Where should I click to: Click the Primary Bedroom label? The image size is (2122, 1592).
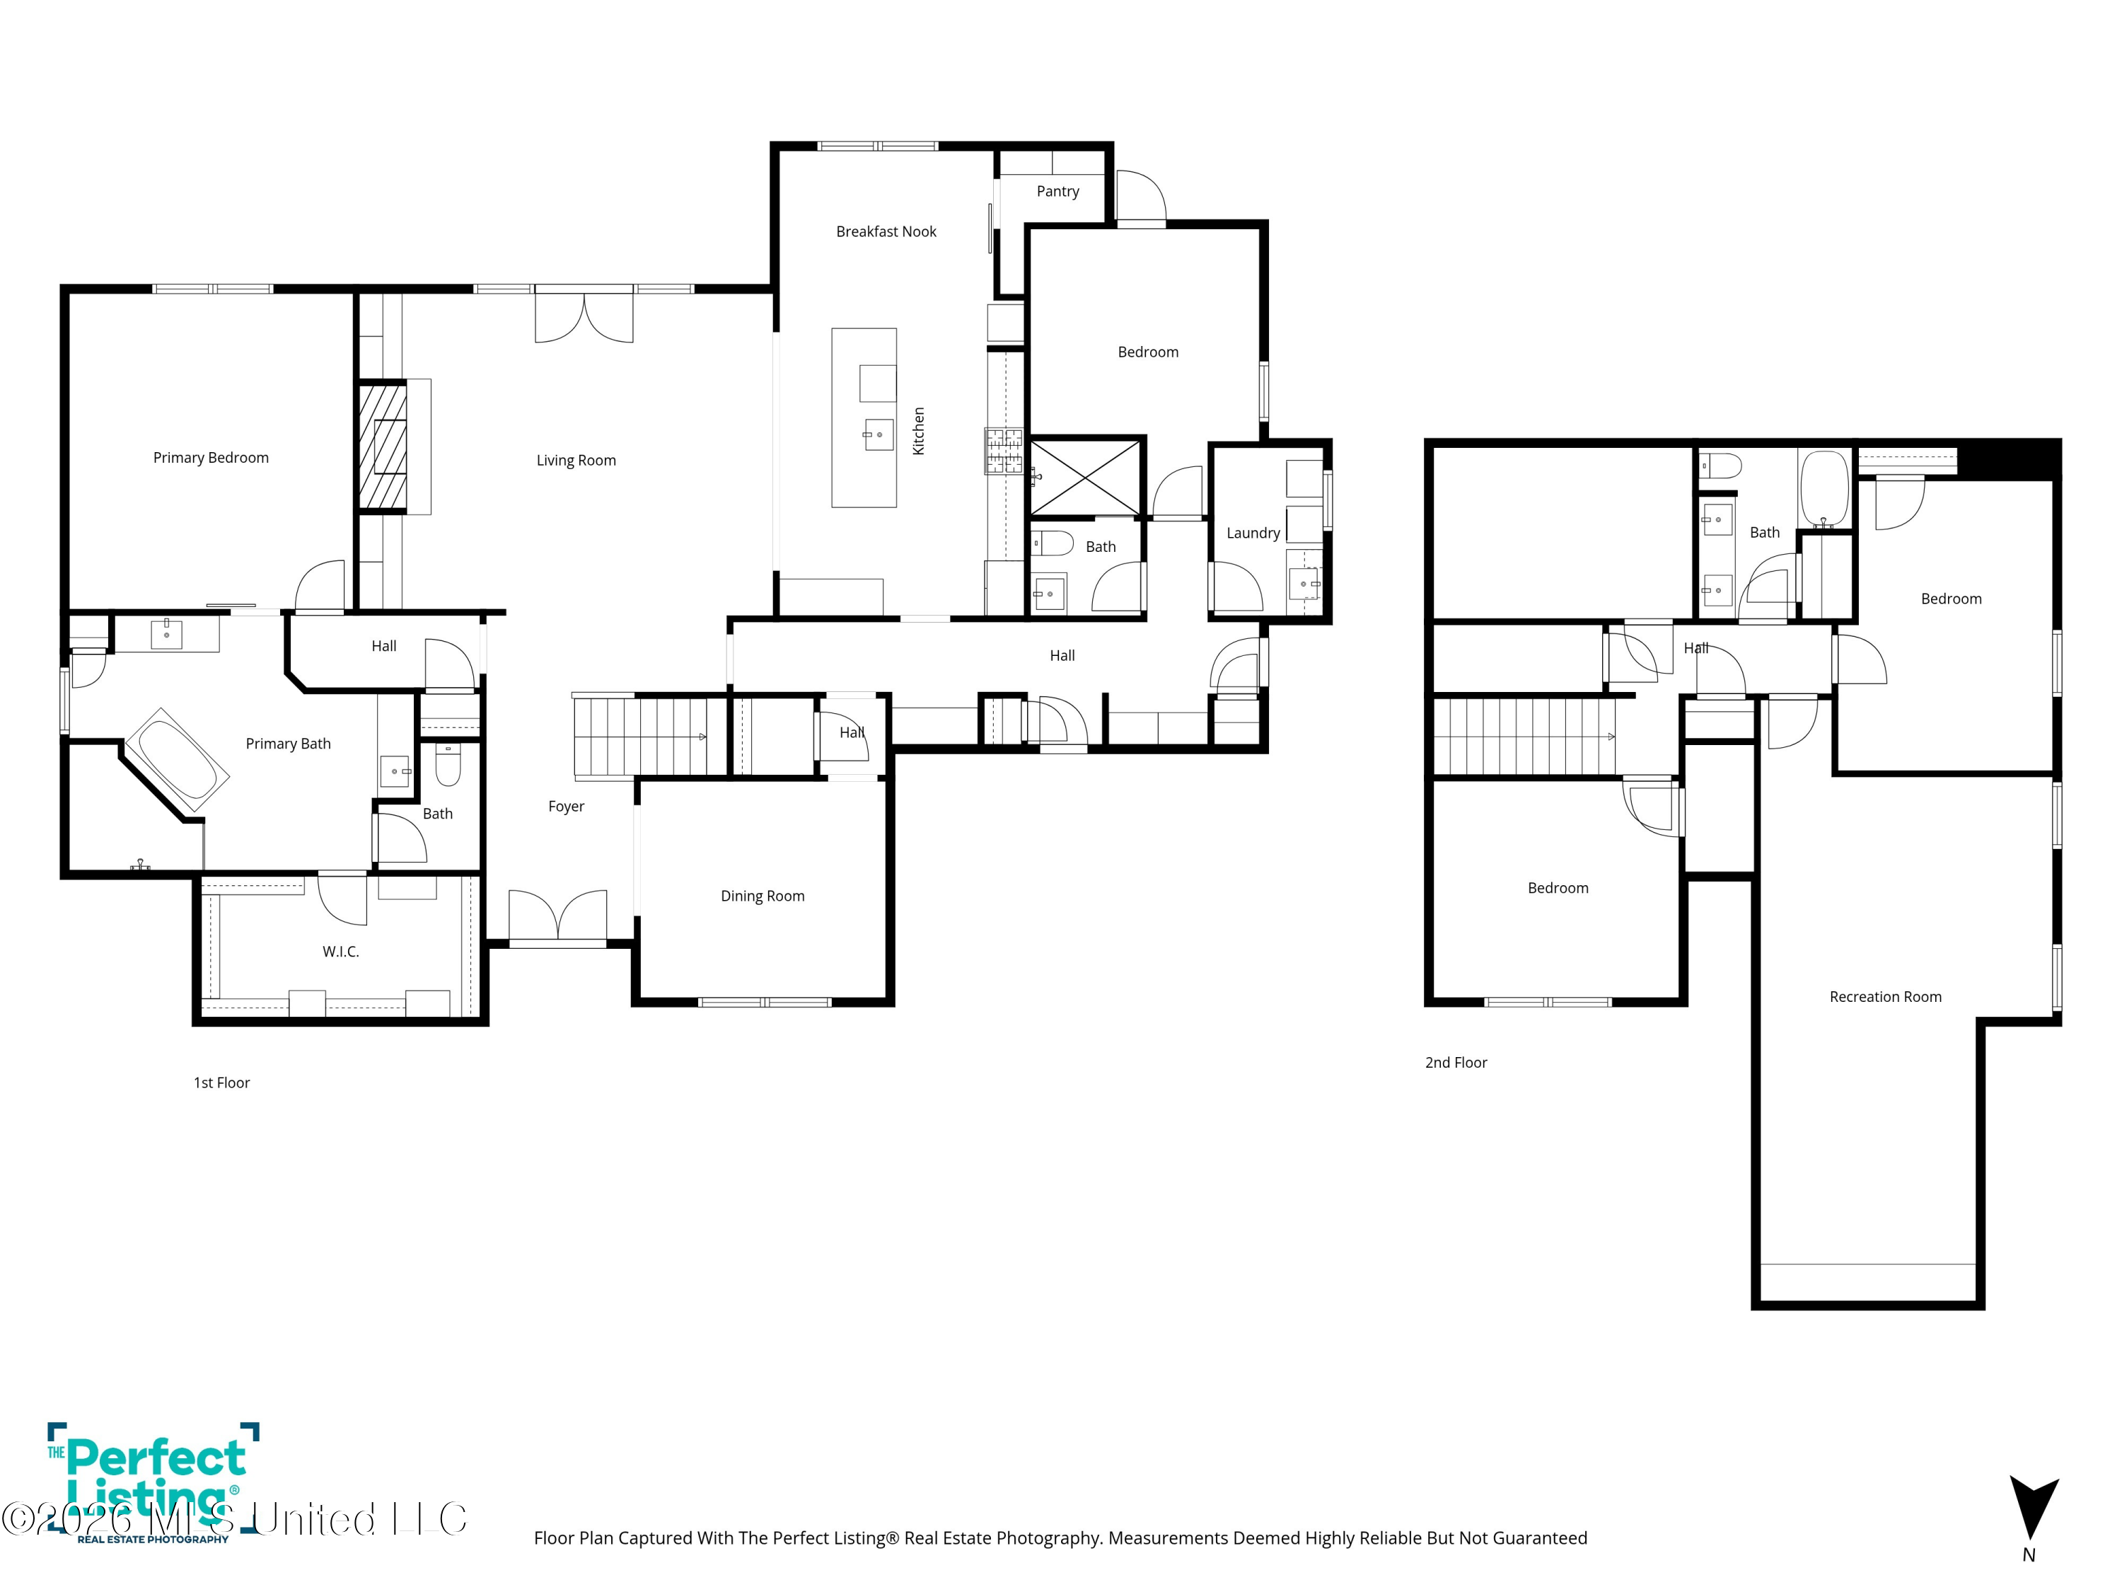pos(211,458)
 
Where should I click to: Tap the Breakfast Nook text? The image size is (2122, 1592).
pos(886,231)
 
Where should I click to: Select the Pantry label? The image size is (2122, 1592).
pos(1058,192)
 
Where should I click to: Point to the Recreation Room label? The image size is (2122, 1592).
pos(1885,997)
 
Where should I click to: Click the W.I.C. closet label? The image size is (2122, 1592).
pos(340,952)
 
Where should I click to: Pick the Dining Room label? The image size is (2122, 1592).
pos(763,896)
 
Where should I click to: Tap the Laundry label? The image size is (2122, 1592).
pos(1253,533)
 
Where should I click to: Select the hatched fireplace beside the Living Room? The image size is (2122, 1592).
pos(383,446)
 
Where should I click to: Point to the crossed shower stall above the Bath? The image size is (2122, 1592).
pos(1085,477)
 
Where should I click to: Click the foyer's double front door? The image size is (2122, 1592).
pos(557,916)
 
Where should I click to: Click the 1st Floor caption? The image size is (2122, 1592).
pos(221,1083)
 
